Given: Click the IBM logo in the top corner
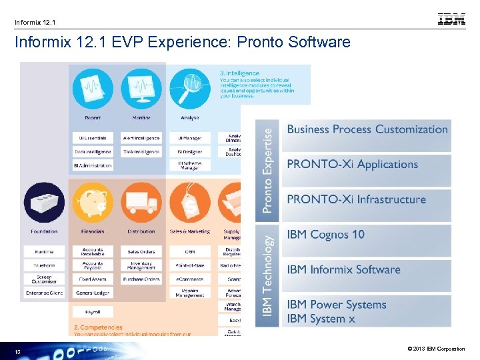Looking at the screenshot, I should tap(451, 19).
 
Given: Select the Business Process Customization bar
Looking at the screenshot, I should tap(367, 129).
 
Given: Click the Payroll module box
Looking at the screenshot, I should tap(93, 311).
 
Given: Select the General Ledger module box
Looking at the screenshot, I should tap(93, 293).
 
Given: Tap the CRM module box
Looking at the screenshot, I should tap(190, 251).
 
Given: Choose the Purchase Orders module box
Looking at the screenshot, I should tap(141, 279).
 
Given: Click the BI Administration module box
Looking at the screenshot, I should tap(93, 165).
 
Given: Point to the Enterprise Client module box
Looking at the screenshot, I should tap(44, 293).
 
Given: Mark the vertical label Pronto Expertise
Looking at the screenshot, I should tap(267, 171).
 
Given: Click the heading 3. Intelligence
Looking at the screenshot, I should tap(240, 73).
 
